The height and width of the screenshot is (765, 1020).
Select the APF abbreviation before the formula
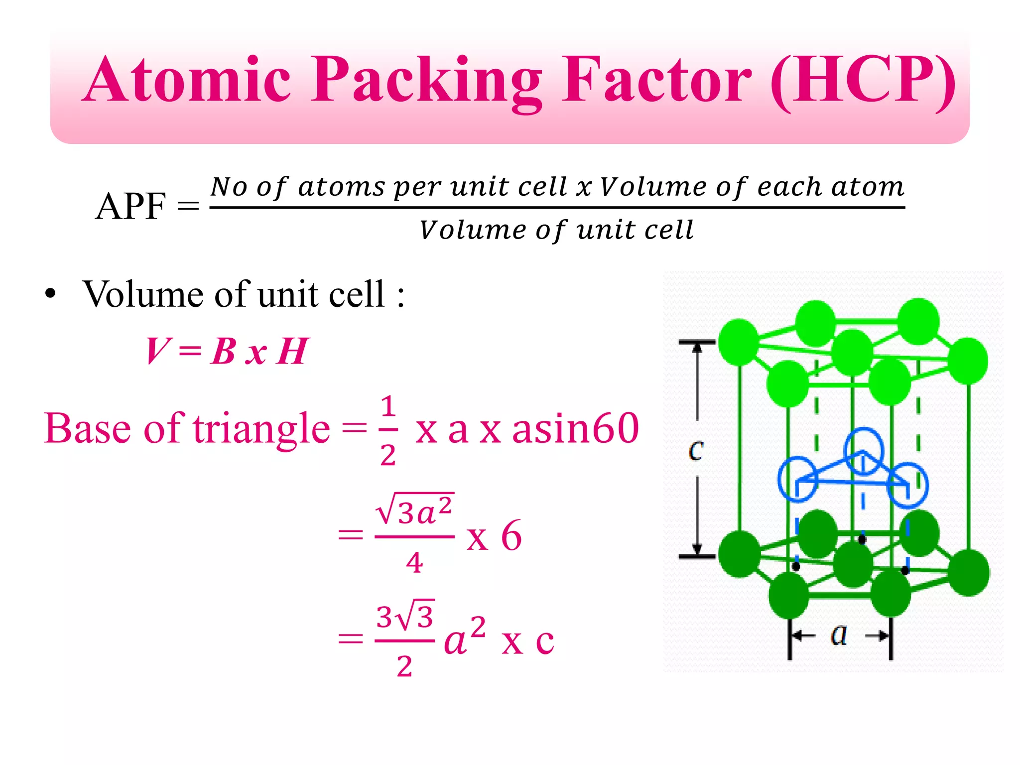[130, 206]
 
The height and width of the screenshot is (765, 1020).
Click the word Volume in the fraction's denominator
[473, 230]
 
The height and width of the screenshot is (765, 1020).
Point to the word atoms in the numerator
[342, 187]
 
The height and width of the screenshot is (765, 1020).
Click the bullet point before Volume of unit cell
[50, 294]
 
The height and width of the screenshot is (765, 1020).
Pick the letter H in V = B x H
[293, 352]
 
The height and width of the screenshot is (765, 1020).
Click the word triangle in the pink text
[261, 428]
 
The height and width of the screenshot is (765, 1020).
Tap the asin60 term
[575, 428]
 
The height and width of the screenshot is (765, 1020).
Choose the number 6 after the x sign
[511, 536]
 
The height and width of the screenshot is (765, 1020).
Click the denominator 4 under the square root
[414, 563]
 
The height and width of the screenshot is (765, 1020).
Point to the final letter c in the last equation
[545, 641]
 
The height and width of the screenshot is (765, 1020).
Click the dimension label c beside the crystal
[696, 450]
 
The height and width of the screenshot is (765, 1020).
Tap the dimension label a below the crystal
[839, 635]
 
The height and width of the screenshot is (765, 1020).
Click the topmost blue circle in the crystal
[864, 450]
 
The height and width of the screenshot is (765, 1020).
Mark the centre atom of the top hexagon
[852, 353]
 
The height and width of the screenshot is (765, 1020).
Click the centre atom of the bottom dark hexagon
[853, 565]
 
